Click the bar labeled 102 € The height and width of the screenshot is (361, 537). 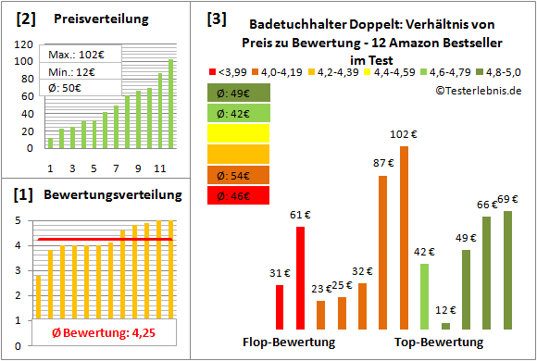coord(404,237)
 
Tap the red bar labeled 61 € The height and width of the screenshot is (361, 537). coord(300,278)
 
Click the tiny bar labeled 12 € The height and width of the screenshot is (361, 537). coord(445,325)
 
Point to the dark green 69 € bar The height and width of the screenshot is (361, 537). coord(507,269)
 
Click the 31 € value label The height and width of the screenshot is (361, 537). coord(280,272)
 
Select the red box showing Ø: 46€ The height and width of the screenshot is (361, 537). coord(239,195)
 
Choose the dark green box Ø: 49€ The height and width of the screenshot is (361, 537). coord(239,93)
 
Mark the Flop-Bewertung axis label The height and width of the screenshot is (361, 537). coord(289,342)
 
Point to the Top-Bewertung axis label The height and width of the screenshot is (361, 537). coord(439,342)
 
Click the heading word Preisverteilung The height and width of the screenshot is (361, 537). coord(105,19)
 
